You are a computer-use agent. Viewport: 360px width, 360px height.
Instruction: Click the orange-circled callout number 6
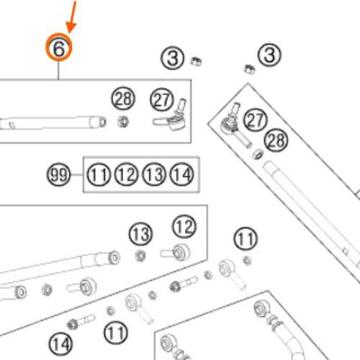(x=59, y=48)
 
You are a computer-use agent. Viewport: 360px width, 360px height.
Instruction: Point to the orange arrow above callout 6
(x=72, y=17)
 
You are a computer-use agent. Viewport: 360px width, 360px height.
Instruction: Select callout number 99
(x=58, y=174)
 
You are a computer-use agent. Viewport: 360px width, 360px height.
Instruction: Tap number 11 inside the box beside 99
(x=99, y=174)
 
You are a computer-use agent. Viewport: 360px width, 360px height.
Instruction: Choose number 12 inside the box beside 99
(x=127, y=174)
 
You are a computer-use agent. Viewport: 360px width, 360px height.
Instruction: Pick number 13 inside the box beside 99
(x=154, y=174)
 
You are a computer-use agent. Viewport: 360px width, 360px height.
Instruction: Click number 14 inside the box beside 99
(x=181, y=174)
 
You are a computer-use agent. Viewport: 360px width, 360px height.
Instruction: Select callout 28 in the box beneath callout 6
(x=123, y=99)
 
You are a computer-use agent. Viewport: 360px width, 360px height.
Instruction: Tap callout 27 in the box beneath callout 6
(x=161, y=99)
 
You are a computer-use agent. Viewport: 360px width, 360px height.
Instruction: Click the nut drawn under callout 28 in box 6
(x=123, y=122)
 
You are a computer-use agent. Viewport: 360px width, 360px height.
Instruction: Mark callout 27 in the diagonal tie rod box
(x=256, y=120)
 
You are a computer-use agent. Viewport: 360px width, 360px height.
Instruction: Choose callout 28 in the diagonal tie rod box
(x=276, y=140)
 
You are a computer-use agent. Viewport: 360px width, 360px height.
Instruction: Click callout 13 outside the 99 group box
(x=140, y=234)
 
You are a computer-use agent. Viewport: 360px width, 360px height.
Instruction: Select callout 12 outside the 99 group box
(x=184, y=226)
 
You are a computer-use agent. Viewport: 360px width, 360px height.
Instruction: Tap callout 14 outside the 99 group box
(x=60, y=344)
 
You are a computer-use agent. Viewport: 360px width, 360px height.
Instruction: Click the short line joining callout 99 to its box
(x=76, y=174)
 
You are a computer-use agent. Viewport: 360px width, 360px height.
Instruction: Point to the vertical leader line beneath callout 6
(x=58, y=70)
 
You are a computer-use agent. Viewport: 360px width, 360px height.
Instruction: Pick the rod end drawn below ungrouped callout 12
(x=176, y=252)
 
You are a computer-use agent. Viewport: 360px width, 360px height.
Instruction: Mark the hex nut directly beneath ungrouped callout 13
(x=140, y=256)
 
